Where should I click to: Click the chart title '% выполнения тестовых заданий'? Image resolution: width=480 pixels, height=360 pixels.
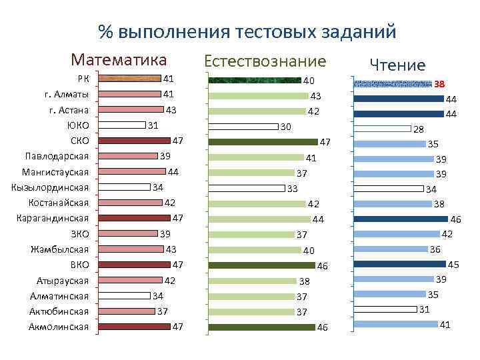247,32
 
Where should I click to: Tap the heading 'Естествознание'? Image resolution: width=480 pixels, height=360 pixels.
265,61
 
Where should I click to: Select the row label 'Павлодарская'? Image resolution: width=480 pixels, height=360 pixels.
57,156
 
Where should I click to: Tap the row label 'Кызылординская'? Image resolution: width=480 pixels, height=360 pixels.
51,187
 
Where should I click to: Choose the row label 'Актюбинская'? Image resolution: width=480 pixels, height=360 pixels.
59,311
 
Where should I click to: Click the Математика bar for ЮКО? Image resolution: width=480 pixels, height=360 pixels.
121,125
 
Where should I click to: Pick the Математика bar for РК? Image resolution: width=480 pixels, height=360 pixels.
129,79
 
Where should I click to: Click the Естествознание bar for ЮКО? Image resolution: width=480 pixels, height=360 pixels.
243,127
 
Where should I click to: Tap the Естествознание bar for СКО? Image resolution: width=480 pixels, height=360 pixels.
263,142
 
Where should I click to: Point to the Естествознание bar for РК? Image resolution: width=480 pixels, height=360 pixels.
255,81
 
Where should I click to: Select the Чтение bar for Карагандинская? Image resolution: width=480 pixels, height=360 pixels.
401,219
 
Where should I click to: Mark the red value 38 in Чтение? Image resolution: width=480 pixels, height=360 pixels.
439,85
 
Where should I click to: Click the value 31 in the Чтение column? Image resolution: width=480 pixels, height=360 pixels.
425,309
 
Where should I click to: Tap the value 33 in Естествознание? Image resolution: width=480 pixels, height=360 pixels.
292,189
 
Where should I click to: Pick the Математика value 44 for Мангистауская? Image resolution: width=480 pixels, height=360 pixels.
173,172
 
